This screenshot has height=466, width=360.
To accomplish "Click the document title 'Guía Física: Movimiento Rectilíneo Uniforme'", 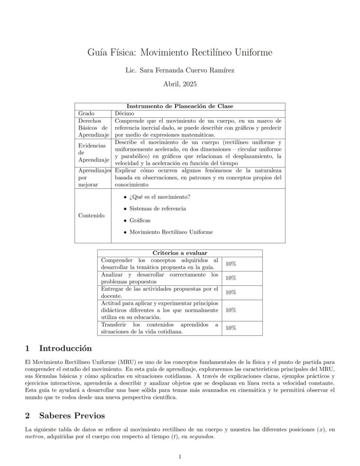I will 180,53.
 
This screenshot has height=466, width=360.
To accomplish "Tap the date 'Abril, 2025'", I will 180,84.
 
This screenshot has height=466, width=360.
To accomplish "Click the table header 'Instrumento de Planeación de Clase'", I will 180,106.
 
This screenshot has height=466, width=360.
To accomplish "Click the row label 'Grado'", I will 86,113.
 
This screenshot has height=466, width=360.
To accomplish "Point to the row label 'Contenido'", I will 91,216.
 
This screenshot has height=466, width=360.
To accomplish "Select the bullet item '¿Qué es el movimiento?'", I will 160,197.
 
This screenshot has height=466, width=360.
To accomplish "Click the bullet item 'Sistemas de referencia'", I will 157,209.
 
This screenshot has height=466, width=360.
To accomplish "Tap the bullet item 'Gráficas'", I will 140,221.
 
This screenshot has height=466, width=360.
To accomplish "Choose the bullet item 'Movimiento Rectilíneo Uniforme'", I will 171,232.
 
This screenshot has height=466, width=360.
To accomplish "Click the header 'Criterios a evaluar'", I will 180,253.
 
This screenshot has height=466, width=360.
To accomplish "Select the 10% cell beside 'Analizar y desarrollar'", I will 230,278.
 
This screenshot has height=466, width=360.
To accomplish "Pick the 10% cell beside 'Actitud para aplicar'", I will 230,310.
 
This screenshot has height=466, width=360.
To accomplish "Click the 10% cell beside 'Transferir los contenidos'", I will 230,328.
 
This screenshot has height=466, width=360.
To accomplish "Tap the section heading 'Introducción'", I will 65,349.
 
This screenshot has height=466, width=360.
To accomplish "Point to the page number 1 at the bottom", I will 180,456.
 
